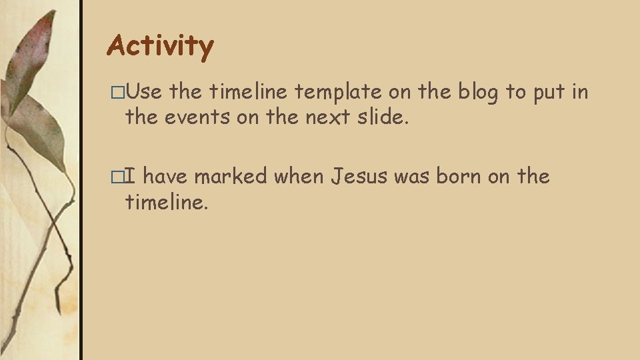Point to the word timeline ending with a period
tap(167, 202)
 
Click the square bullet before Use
tap(118, 93)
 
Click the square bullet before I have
tap(118, 177)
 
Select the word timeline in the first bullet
tap(249, 93)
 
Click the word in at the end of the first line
tap(580, 93)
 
